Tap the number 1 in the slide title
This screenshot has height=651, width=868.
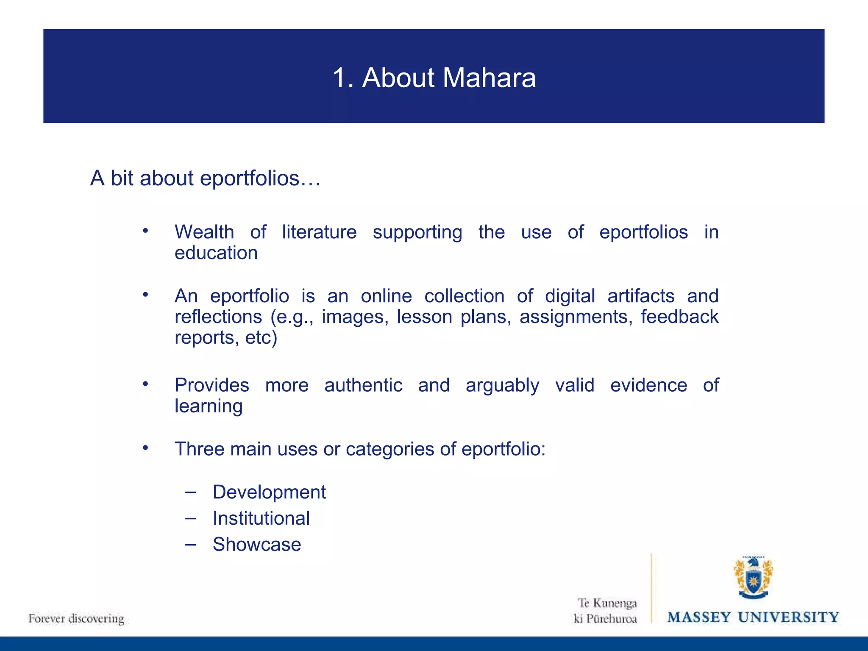coord(339,78)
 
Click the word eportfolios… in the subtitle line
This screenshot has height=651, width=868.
coord(260,178)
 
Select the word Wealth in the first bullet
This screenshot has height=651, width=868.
coord(204,232)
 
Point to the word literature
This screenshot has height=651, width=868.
coord(319,232)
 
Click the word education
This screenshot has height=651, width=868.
coord(216,253)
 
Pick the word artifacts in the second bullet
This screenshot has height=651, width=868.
coord(640,296)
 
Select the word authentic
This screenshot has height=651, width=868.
coord(363,385)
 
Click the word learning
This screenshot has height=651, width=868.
coord(209,406)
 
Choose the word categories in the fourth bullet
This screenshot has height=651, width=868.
coord(389,449)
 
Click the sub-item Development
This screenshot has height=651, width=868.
coord(269,492)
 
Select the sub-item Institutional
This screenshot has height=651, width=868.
coord(261,518)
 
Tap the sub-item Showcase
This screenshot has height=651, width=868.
coord(257,545)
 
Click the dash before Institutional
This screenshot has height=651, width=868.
coord(191,518)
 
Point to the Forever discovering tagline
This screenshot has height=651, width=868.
coord(76,619)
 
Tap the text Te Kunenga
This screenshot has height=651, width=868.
coord(607,603)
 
